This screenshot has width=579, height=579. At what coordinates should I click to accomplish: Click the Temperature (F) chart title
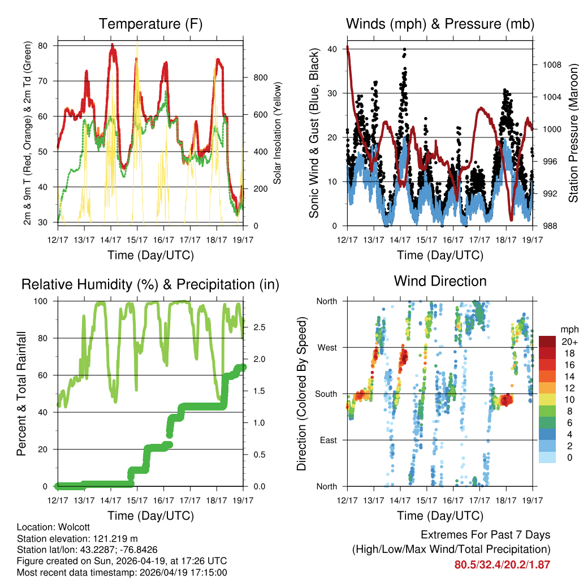point(150,24)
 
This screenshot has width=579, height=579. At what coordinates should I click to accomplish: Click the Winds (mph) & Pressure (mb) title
point(440,24)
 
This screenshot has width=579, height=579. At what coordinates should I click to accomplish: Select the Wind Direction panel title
point(440,281)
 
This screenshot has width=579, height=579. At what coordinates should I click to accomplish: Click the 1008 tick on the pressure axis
point(551,64)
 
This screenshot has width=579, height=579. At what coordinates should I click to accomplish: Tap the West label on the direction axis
point(327,347)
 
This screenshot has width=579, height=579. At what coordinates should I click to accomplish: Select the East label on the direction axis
point(328,440)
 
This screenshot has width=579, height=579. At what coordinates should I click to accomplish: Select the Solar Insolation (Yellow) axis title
point(278,134)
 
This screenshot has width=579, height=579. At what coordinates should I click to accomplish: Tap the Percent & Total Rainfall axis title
point(21,394)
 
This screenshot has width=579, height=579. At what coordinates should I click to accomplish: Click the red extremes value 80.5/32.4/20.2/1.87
point(502,564)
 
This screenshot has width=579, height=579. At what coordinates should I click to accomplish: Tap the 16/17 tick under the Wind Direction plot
point(453,500)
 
